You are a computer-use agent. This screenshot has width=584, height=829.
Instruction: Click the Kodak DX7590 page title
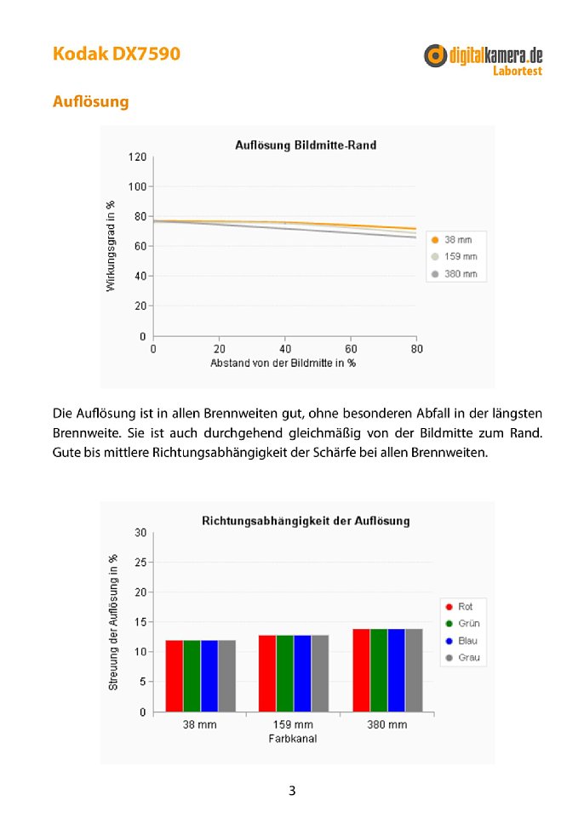point(117,54)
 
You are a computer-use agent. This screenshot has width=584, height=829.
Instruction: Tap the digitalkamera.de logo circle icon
point(435,55)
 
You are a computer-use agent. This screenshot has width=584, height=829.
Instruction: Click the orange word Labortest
point(518,71)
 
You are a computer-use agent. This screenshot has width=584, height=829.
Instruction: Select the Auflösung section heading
point(90,101)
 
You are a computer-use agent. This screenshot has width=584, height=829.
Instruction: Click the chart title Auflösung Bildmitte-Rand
point(306,145)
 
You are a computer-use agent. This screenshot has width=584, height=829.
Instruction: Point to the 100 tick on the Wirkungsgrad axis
point(137,186)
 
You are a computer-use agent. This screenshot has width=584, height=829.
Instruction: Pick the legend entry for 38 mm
point(452,239)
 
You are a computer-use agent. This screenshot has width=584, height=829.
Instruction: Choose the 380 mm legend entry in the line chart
point(455,274)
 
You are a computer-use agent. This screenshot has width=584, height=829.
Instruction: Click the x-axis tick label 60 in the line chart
point(351,349)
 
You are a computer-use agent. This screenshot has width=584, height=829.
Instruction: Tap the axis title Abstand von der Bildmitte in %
point(283,363)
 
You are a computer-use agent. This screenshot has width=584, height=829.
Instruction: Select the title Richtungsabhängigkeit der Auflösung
point(306,521)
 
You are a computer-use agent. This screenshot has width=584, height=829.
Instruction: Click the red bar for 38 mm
point(174,676)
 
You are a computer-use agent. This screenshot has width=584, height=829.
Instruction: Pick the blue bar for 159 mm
point(302,673)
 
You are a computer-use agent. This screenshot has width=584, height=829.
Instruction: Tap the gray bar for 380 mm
point(415,671)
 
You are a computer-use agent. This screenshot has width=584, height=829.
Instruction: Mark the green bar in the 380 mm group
point(379,671)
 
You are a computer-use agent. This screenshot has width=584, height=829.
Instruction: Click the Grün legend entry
point(463,623)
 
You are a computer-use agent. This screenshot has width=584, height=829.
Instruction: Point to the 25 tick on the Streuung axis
point(140,563)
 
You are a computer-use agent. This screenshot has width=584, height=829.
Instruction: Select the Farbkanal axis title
point(293,739)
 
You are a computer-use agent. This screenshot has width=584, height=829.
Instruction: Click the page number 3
point(292,791)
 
